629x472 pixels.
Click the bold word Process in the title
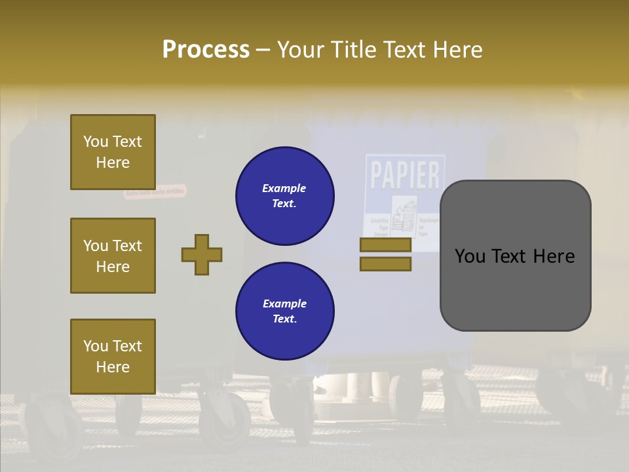click(x=206, y=49)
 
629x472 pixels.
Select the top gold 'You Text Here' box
click(x=113, y=152)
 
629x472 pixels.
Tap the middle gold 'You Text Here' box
click(x=113, y=256)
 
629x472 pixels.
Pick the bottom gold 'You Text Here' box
click(x=113, y=357)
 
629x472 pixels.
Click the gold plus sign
click(x=202, y=254)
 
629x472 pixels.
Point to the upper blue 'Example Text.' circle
click(x=285, y=196)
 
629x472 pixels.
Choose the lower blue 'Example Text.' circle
click(x=285, y=311)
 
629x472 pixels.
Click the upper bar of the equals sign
click(x=385, y=245)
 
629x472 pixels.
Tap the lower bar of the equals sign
click(x=385, y=264)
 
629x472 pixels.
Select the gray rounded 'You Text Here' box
click(x=515, y=256)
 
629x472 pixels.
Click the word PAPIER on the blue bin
click(x=405, y=175)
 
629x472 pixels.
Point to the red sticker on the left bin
click(x=155, y=192)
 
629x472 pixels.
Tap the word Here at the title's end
click(x=458, y=50)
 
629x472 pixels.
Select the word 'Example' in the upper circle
click(x=284, y=188)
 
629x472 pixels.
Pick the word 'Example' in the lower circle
click(x=284, y=304)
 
